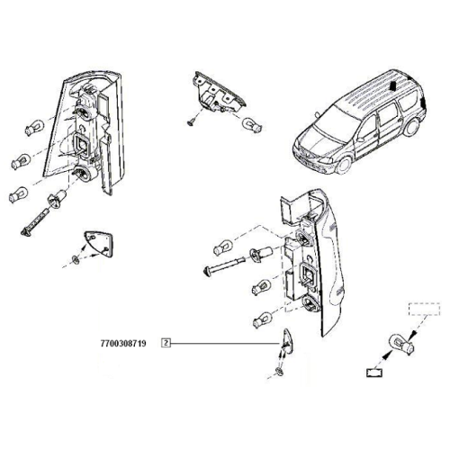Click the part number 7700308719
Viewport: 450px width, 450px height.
point(123,343)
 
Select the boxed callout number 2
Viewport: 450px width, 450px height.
point(166,343)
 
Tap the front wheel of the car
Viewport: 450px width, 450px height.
point(343,166)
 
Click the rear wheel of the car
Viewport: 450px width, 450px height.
point(410,127)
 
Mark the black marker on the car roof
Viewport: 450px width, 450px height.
point(392,86)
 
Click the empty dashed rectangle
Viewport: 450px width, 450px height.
point(424,309)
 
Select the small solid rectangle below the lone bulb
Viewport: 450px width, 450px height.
point(374,373)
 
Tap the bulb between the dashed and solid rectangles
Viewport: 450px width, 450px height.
point(401,345)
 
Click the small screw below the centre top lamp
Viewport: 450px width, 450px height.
point(191,121)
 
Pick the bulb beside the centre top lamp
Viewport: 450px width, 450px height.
point(252,125)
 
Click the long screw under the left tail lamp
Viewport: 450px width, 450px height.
point(34,222)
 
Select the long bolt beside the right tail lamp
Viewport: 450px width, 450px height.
point(223,265)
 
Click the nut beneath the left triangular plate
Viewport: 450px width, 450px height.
point(76,259)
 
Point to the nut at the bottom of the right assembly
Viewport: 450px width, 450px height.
point(279,372)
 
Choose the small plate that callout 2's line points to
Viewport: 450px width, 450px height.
point(287,340)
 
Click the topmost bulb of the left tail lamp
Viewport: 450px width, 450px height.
point(34,128)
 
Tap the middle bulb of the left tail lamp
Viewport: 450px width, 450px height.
point(21,161)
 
